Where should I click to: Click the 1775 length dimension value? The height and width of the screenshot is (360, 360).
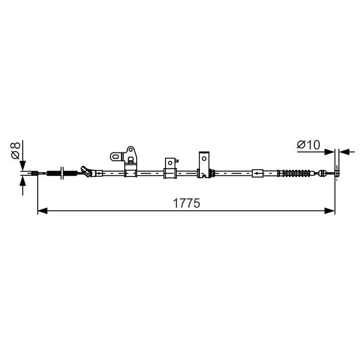pos(186,203)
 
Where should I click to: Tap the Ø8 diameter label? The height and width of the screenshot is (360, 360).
pos(16,151)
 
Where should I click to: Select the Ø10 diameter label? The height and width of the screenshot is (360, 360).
pos(308,145)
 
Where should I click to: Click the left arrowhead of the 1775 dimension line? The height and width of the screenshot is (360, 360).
pos(43,211)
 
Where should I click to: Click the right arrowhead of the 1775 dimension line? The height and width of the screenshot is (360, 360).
pos(329,211)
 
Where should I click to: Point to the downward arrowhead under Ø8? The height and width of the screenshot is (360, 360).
pos(23,166)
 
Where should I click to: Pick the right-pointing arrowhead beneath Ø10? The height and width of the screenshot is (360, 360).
pos(329,152)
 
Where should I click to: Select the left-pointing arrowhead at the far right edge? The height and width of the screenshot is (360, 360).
pos(344,152)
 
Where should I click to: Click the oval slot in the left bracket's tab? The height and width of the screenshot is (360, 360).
pos(116,157)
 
